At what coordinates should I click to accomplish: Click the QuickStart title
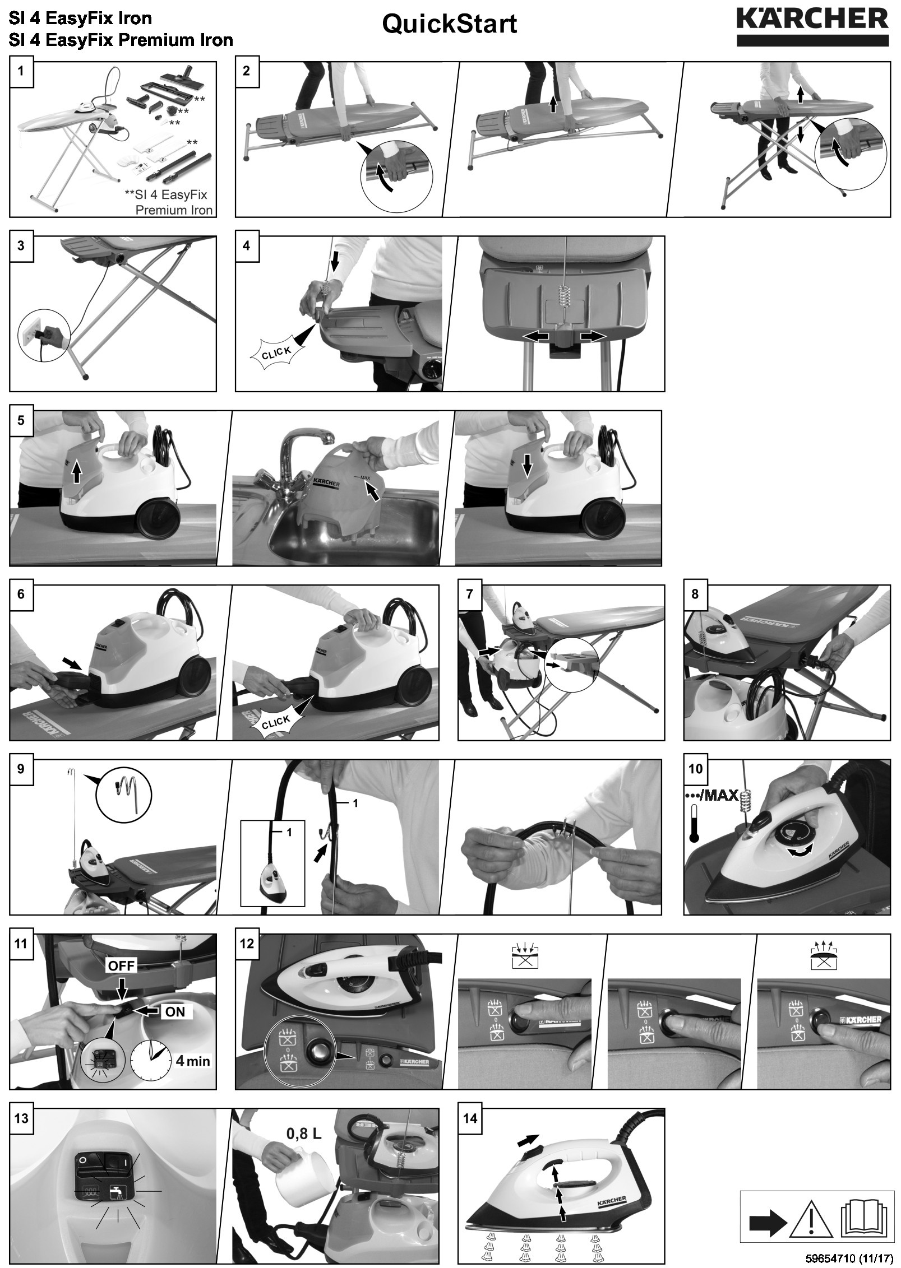click(450, 25)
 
